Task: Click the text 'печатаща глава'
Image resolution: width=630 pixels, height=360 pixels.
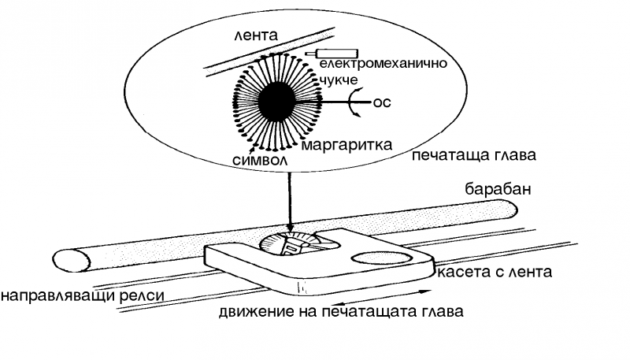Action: [473, 155]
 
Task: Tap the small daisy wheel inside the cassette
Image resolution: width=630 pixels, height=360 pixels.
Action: [291, 245]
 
